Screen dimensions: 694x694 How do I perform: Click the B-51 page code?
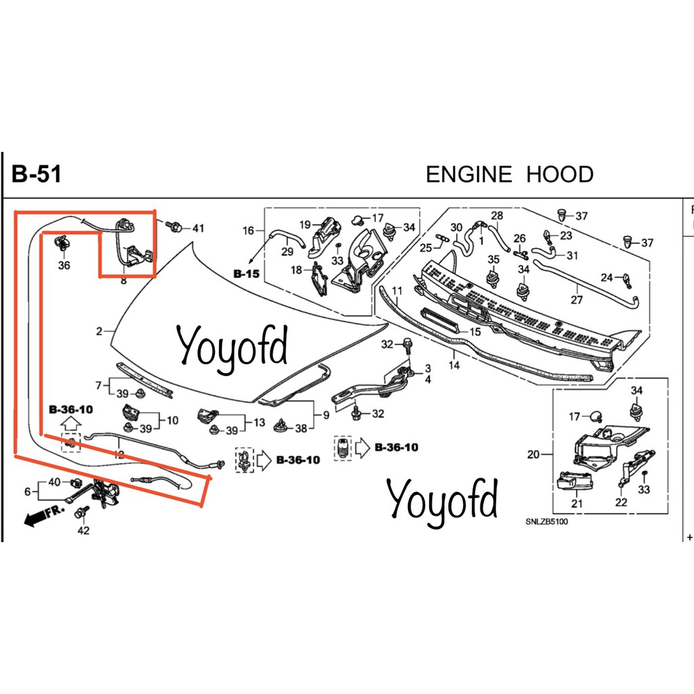pos(37,173)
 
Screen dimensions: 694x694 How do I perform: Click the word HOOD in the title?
pos(559,174)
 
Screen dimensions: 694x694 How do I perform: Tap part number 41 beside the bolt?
pos(199,228)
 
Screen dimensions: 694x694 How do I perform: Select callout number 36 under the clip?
pos(64,265)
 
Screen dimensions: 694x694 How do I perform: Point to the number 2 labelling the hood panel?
pos(99,331)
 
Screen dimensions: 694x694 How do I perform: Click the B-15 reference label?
pos(246,274)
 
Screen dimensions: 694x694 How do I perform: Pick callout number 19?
pos(305,225)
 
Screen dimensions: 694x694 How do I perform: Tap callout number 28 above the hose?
pos(497,216)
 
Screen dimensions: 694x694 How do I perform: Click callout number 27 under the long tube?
pos(577,300)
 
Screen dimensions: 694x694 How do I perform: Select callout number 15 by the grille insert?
pos(475,331)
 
